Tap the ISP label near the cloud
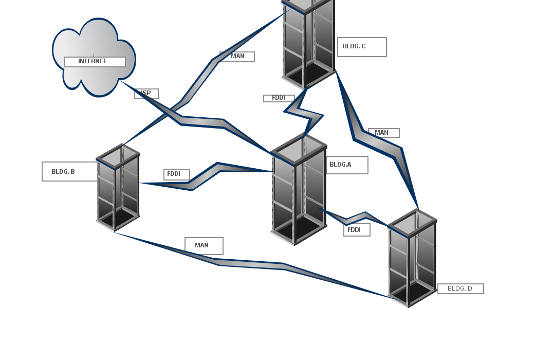(146, 94)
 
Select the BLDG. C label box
(362, 47)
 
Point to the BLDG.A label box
(347, 165)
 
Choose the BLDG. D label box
(460, 289)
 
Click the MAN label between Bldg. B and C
(237, 57)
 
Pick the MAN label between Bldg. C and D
(383, 133)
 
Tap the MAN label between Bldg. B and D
(204, 246)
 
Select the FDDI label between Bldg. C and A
(279, 98)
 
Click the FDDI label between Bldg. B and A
(177, 174)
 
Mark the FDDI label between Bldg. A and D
(357, 230)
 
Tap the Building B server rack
(118, 188)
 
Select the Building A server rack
(299, 190)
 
